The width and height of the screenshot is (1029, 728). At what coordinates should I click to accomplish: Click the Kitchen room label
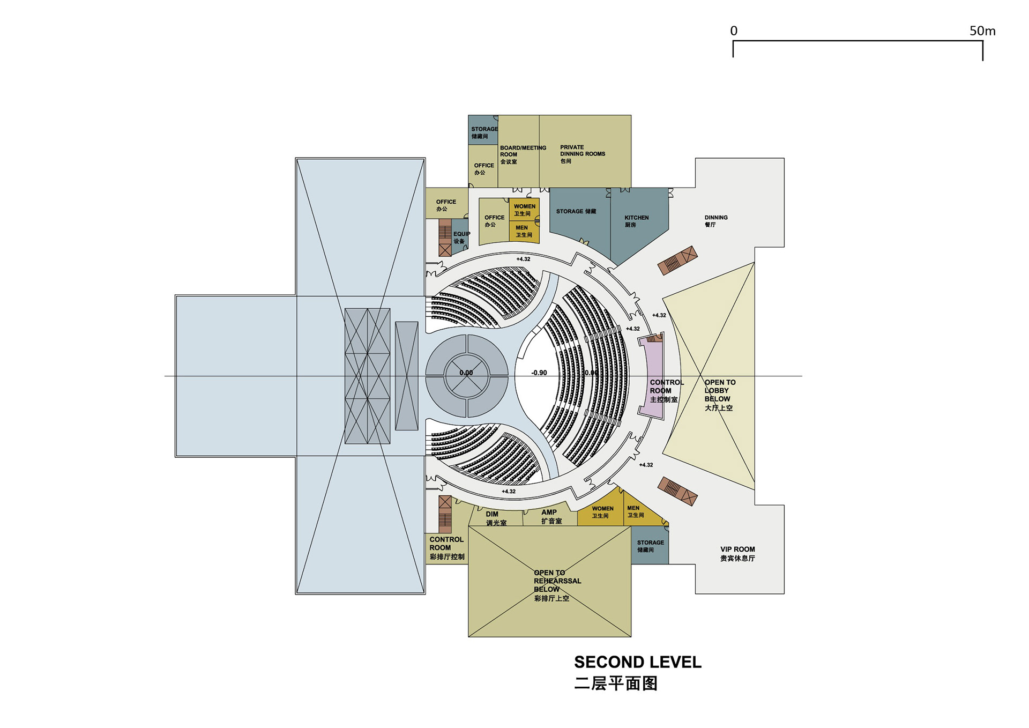pyautogui.click(x=636, y=221)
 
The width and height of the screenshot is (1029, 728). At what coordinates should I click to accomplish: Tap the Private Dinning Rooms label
pyautogui.click(x=582, y=154)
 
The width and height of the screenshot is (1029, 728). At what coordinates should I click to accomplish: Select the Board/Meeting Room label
pyautogui.click(x=523, y=154)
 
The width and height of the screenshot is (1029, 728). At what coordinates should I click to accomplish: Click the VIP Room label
pyautogui.click(x=737, y=553)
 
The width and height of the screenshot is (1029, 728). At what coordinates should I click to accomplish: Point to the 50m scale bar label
pyautogui.click(x=982, y=31)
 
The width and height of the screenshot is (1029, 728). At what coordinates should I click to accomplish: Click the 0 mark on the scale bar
pyautogui.click(x=734, y=31)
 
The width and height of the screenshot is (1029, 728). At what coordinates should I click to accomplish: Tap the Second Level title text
pyautogui.click(x=637, y=662)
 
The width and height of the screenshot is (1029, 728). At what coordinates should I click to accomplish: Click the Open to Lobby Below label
pyautogui.click(x=720, y=395)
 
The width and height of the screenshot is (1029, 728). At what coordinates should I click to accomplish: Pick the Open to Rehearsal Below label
pyautogui.click(x=557, y=585)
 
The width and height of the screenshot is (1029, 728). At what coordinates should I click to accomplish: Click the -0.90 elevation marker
pyautogui.click(x=539, y=373)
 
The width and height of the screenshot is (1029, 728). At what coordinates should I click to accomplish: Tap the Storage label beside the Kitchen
pyautogui.click(x=576, y=211)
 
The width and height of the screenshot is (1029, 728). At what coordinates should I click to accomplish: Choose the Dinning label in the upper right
pyautogui.click(x=716, y=221)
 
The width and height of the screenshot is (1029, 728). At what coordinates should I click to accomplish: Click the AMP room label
pyautogui.click(x=550, y=516)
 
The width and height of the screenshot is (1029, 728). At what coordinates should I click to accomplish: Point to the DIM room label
pyautogui.click(x=495, y=518)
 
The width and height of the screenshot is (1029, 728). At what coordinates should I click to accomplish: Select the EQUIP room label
pyautogui.click(x=461, y=237)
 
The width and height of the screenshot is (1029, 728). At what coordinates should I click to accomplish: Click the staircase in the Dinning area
pyautogui.click(x=678, y=261)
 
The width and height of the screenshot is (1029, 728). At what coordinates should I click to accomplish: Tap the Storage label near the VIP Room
pyautogui.click(x=650, y=546)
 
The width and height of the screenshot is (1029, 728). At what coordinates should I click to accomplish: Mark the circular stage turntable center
pyautogui.click(x=467, y=376)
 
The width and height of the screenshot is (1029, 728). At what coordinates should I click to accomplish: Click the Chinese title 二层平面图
pyautogui.click(x=616, y=684)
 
